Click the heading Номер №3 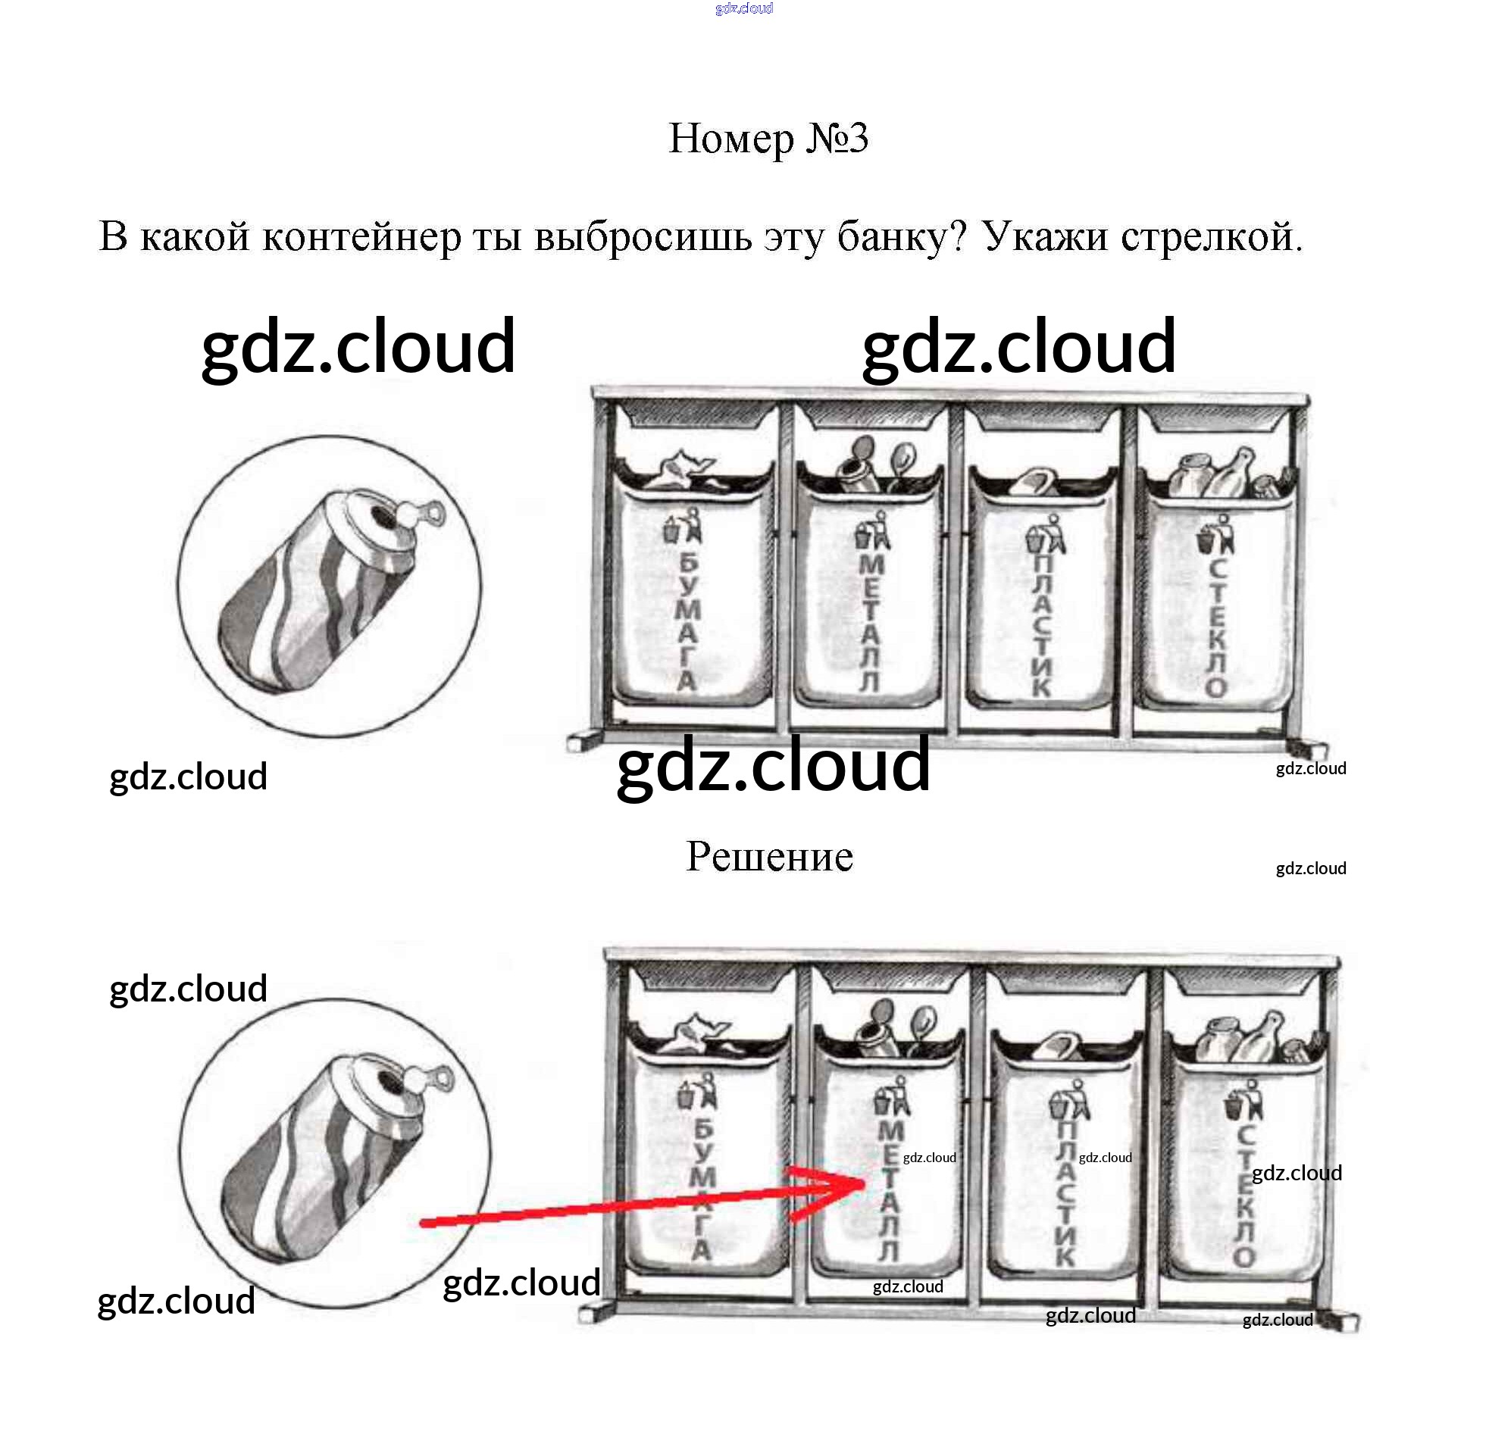768,139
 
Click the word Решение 769,857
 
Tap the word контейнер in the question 361,237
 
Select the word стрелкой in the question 1211,237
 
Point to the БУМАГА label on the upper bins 688,620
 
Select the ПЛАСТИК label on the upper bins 1041,624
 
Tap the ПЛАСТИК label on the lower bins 1065,1195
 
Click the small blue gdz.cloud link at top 744,8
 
